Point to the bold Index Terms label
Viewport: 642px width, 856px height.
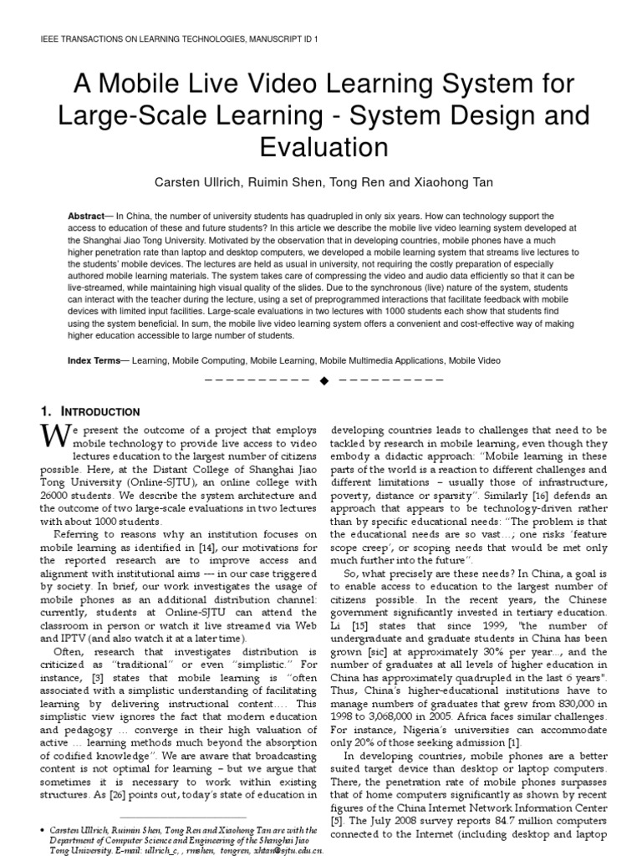pos(94,360)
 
